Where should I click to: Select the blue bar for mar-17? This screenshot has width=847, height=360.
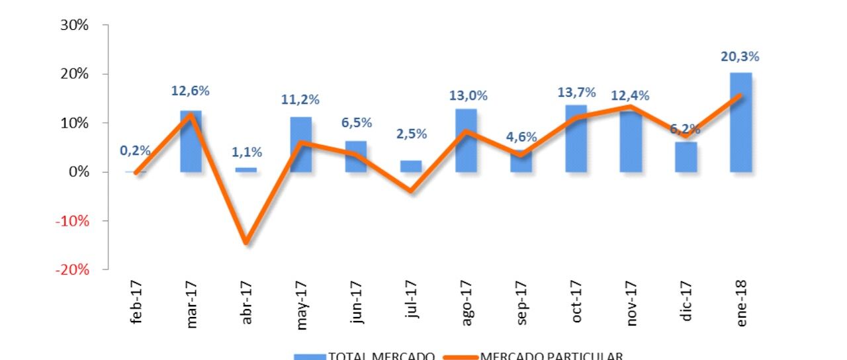pos(191,142)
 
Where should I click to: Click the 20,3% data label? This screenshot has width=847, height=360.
pos(740,57)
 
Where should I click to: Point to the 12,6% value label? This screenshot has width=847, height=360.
pos(191,91)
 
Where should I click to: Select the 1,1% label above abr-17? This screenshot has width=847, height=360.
pos(247,152)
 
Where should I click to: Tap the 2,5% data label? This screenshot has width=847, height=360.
pos(411,134)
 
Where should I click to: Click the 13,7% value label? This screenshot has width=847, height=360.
pos(576,93)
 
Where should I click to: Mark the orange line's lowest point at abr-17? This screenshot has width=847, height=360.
pos(246,243)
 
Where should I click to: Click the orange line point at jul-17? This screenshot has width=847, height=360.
pos(411,191)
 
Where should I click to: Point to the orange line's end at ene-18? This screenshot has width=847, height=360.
pos(740,95)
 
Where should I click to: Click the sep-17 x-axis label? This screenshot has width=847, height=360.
pos(521,304)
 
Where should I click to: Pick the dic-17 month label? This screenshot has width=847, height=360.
pos(686,305)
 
